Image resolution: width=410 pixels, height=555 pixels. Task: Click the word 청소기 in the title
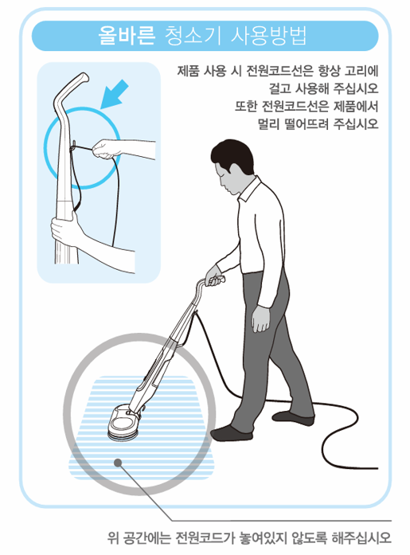coord(188,35)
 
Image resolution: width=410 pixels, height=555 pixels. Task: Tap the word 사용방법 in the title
coord(271,35)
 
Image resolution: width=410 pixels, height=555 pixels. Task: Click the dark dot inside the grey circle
coord(117,462)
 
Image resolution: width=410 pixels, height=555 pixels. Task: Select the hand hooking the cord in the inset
coord(102,147)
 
